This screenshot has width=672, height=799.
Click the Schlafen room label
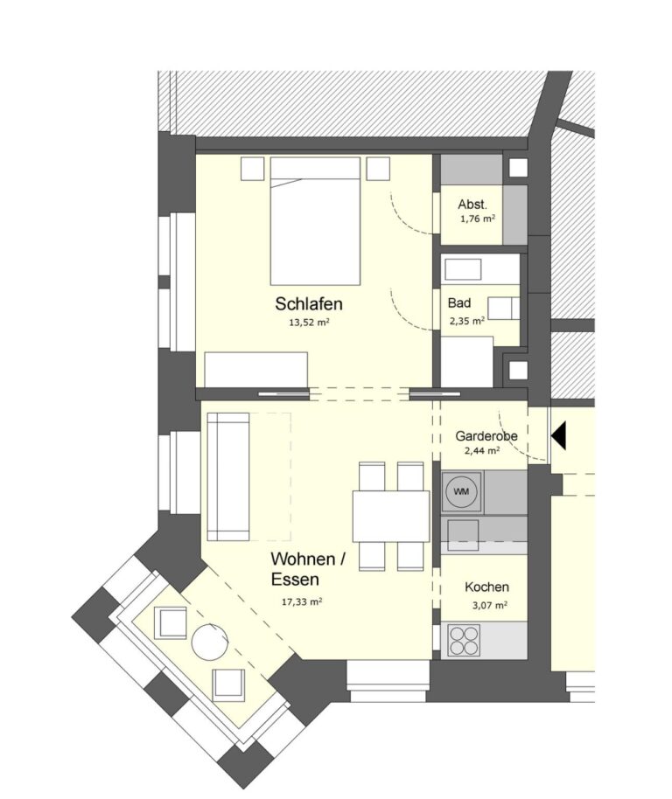tap(309, 303)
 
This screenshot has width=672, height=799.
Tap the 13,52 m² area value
tap(309, 322)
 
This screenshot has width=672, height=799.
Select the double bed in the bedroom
tap(315, 220)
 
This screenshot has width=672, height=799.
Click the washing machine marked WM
tap(461, 492)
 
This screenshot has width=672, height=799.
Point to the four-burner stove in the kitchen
tap(464, 640)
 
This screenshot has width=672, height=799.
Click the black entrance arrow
tap(558, 435)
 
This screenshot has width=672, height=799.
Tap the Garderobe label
tap(486, 436)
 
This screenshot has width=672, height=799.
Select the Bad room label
tap(458, 303)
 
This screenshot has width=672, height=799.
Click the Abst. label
tap(472, 205)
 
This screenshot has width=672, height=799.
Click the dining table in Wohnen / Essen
tap(391, 516)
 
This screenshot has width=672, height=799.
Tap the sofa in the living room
tap(228, 476)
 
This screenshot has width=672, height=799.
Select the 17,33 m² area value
tap(302, 601)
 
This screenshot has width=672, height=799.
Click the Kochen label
tap(486, 587)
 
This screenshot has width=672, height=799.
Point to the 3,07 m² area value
tap(489, 605)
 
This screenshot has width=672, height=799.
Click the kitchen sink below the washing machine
tap(463, 535)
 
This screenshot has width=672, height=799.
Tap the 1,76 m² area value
tap(478, 219)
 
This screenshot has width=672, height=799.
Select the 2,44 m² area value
tap(482, 450)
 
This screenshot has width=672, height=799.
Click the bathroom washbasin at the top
tap(463, 269)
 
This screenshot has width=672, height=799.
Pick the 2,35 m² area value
tap(466, 321)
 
